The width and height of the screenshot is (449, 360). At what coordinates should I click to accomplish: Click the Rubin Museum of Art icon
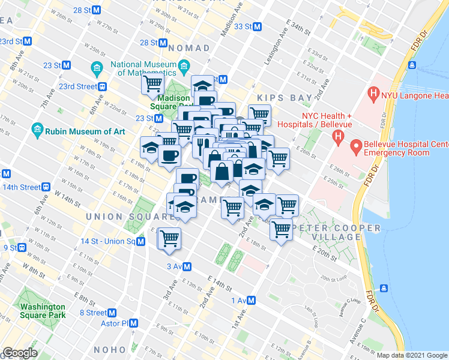[x=37, y=130]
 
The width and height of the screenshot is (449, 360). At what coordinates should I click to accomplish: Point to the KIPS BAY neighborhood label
[x=285, y=98]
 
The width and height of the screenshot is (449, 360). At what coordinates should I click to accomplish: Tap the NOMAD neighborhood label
[x=189, y=47]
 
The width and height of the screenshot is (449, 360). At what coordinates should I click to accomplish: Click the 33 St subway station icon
[x=257, y=26]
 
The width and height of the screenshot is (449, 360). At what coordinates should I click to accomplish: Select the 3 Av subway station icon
[x=187, y=266]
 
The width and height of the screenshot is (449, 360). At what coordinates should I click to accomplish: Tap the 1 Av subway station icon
[x=252, y=300]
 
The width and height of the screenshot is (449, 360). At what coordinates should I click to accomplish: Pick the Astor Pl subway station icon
[x=134, y=323]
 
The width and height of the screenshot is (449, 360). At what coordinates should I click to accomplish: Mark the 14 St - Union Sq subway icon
[x=141, y=241]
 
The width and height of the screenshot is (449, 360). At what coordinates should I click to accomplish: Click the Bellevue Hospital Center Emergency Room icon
[x=355, y=145]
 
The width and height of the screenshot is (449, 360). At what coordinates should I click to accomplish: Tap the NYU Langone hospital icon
[x=374, y=94]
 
